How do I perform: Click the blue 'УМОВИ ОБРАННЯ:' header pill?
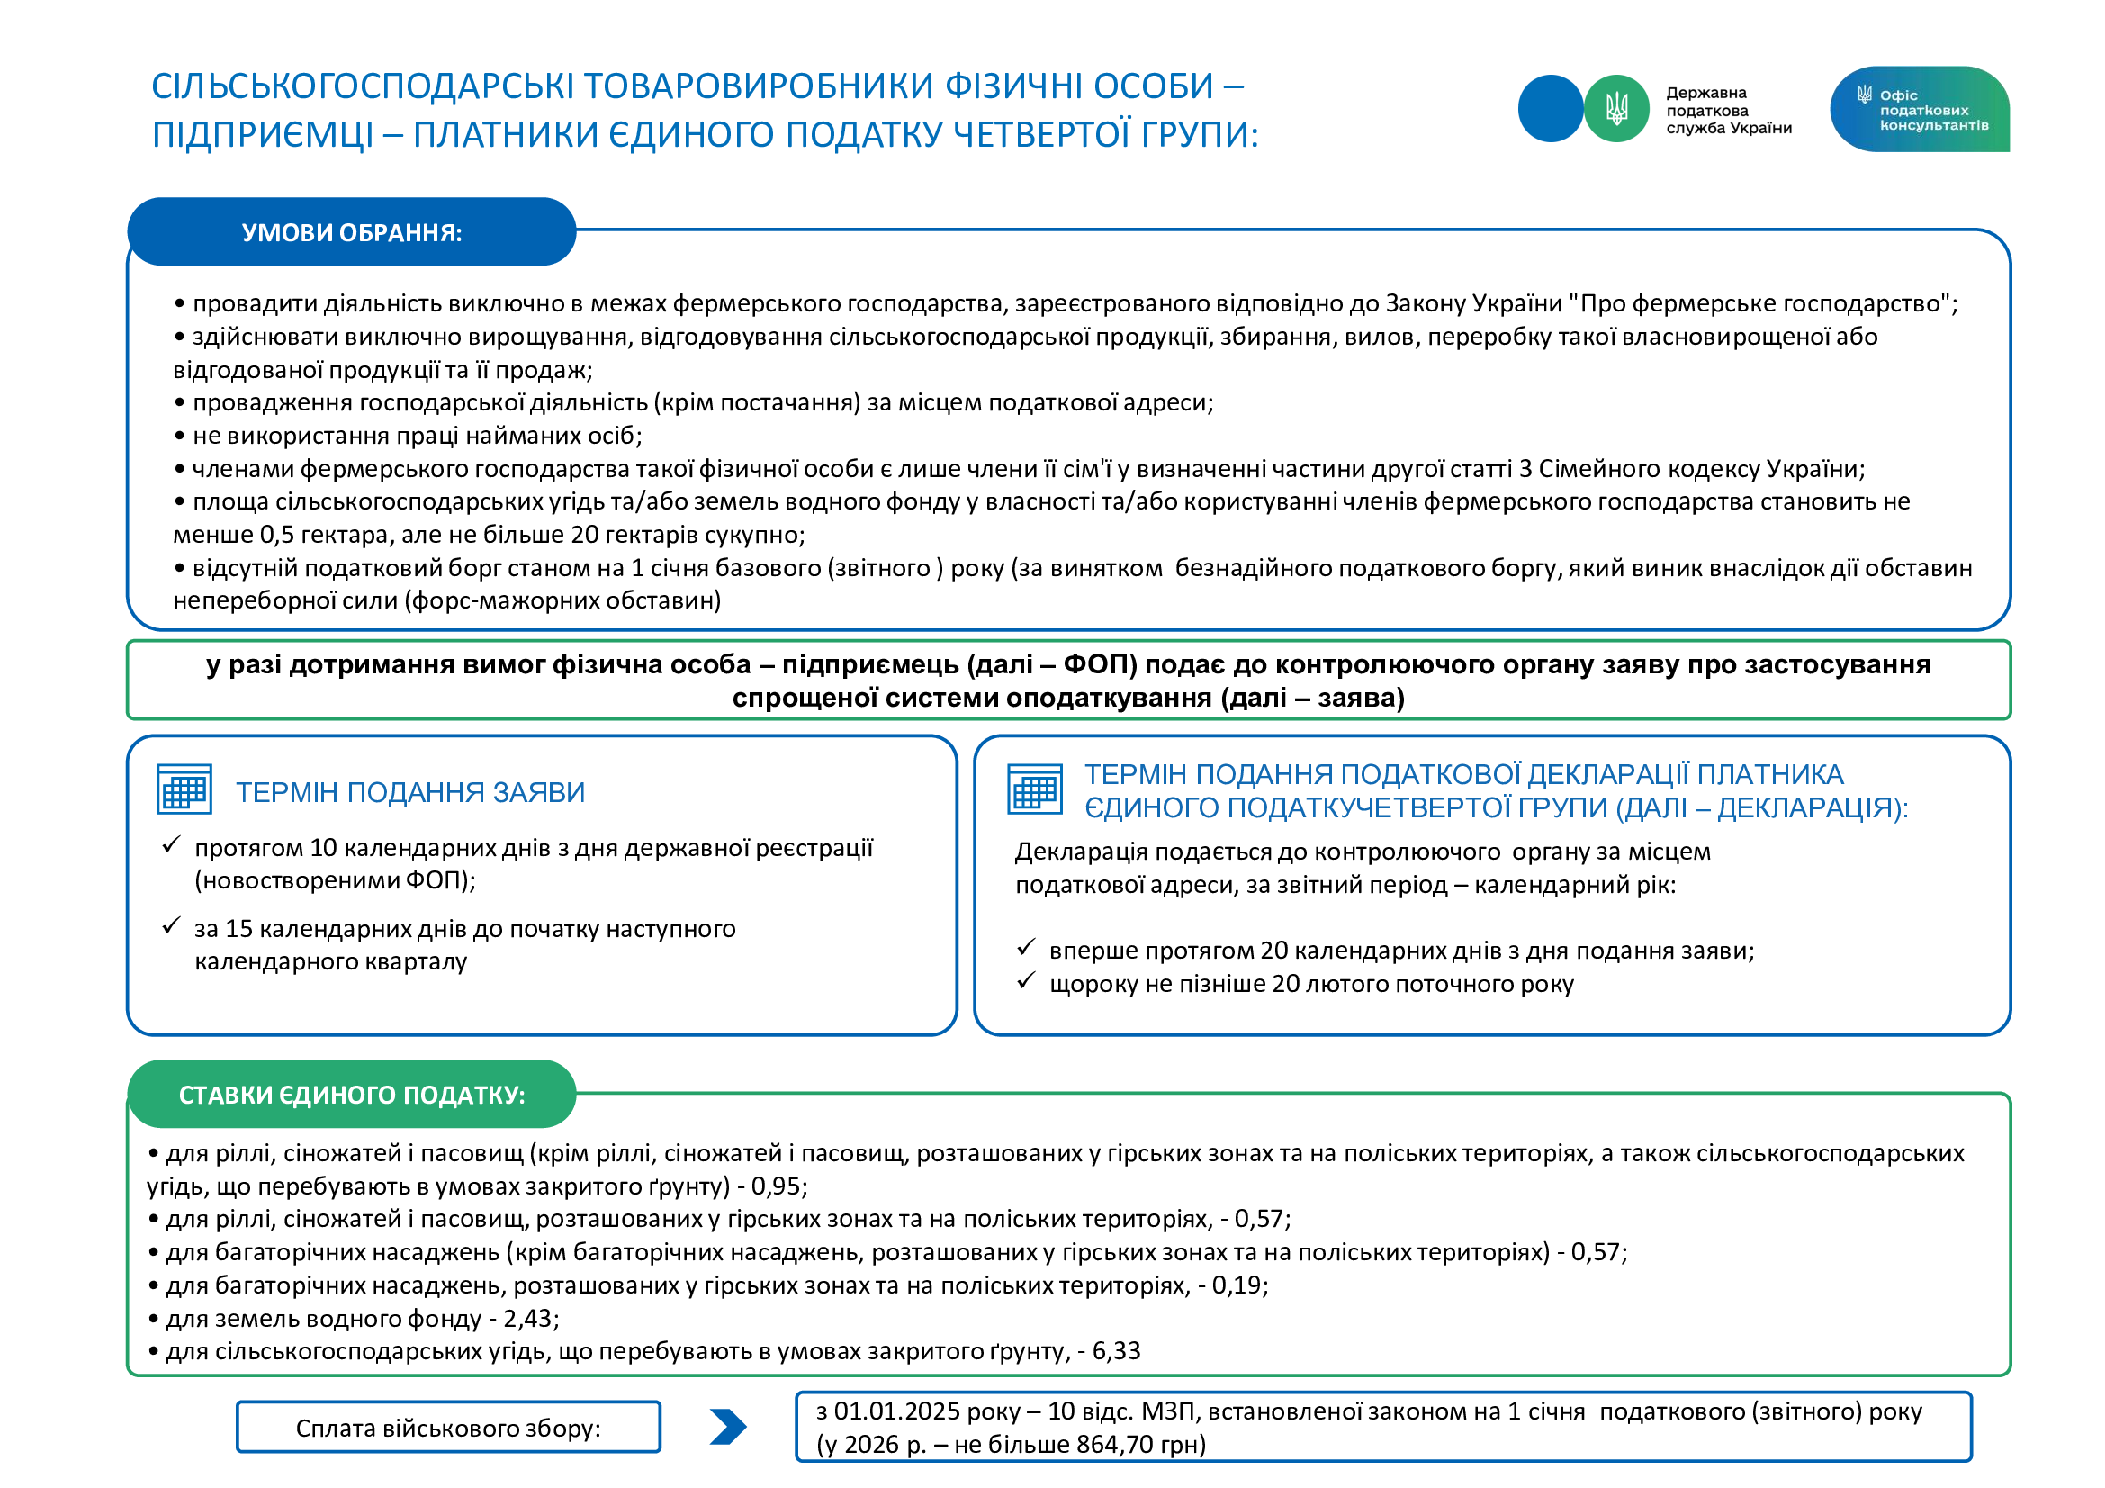[351, 232]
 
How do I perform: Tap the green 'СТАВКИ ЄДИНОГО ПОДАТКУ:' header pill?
[351, 1094]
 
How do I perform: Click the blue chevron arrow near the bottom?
[728, 1427]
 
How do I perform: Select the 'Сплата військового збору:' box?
[448, 1428]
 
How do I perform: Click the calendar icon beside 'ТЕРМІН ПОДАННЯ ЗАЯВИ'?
[184, 789]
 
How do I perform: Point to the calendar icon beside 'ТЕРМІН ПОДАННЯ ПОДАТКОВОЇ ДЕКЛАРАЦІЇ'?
[1035, 789]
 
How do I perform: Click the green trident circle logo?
[1616, 109]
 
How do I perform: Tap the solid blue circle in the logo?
[1551, 109]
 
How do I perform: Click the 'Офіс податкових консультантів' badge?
[1919, 109]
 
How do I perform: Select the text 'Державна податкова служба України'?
[1727, 110]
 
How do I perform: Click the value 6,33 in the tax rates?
[1116, 1350]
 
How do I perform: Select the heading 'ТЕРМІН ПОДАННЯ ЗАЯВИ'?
[409, 792]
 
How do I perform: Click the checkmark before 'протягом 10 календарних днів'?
[170, 845]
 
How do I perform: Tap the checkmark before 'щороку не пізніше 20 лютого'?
[1026, 982]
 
